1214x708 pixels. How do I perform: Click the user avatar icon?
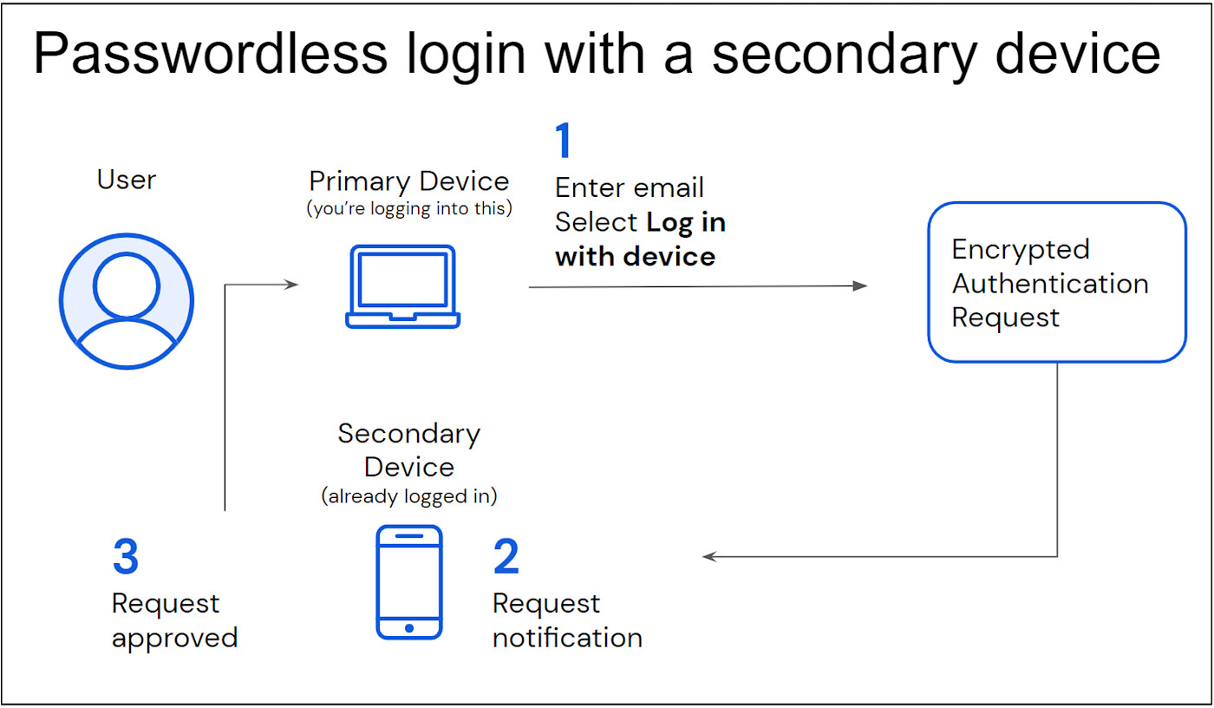coord(127,301)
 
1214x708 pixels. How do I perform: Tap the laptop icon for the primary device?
coord(403,287)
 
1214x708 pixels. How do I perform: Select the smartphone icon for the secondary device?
coord(409,582)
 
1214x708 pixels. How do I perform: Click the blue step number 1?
coord(564,141)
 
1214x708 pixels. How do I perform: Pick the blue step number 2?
coord(506,557)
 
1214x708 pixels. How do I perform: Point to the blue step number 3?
coord(126,557)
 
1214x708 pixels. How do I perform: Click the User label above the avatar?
coord(127,180)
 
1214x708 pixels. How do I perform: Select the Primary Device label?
coord(409,181)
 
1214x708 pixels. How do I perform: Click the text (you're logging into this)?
coord(408,209)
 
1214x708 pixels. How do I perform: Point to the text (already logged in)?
coord(409,497)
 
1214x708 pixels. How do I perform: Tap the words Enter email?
coord(630,187)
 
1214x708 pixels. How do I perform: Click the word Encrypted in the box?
coord(1020,249)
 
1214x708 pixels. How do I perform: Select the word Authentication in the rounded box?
coord(1050,284)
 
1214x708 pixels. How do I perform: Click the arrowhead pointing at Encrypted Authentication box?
coord(860,285)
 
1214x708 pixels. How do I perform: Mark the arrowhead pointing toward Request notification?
coord(709,557)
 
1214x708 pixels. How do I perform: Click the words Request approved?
coord(174,621)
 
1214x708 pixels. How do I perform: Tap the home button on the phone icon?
coord(409,627)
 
